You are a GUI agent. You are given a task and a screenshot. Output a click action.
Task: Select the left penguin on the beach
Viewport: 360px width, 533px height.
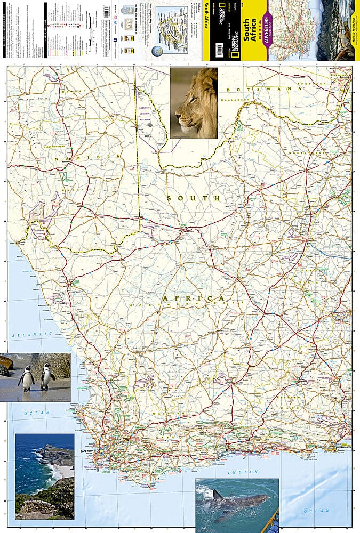click(26, 379)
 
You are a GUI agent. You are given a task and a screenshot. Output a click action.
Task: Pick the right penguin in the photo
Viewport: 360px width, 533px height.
click(47, 377)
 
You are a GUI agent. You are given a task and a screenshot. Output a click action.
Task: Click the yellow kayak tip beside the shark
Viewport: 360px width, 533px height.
click(274, 519)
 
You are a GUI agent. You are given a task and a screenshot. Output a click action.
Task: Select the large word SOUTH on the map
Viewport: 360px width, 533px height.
click(193, 198)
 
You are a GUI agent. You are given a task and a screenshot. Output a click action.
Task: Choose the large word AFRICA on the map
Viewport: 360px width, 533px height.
click(194, 298)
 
